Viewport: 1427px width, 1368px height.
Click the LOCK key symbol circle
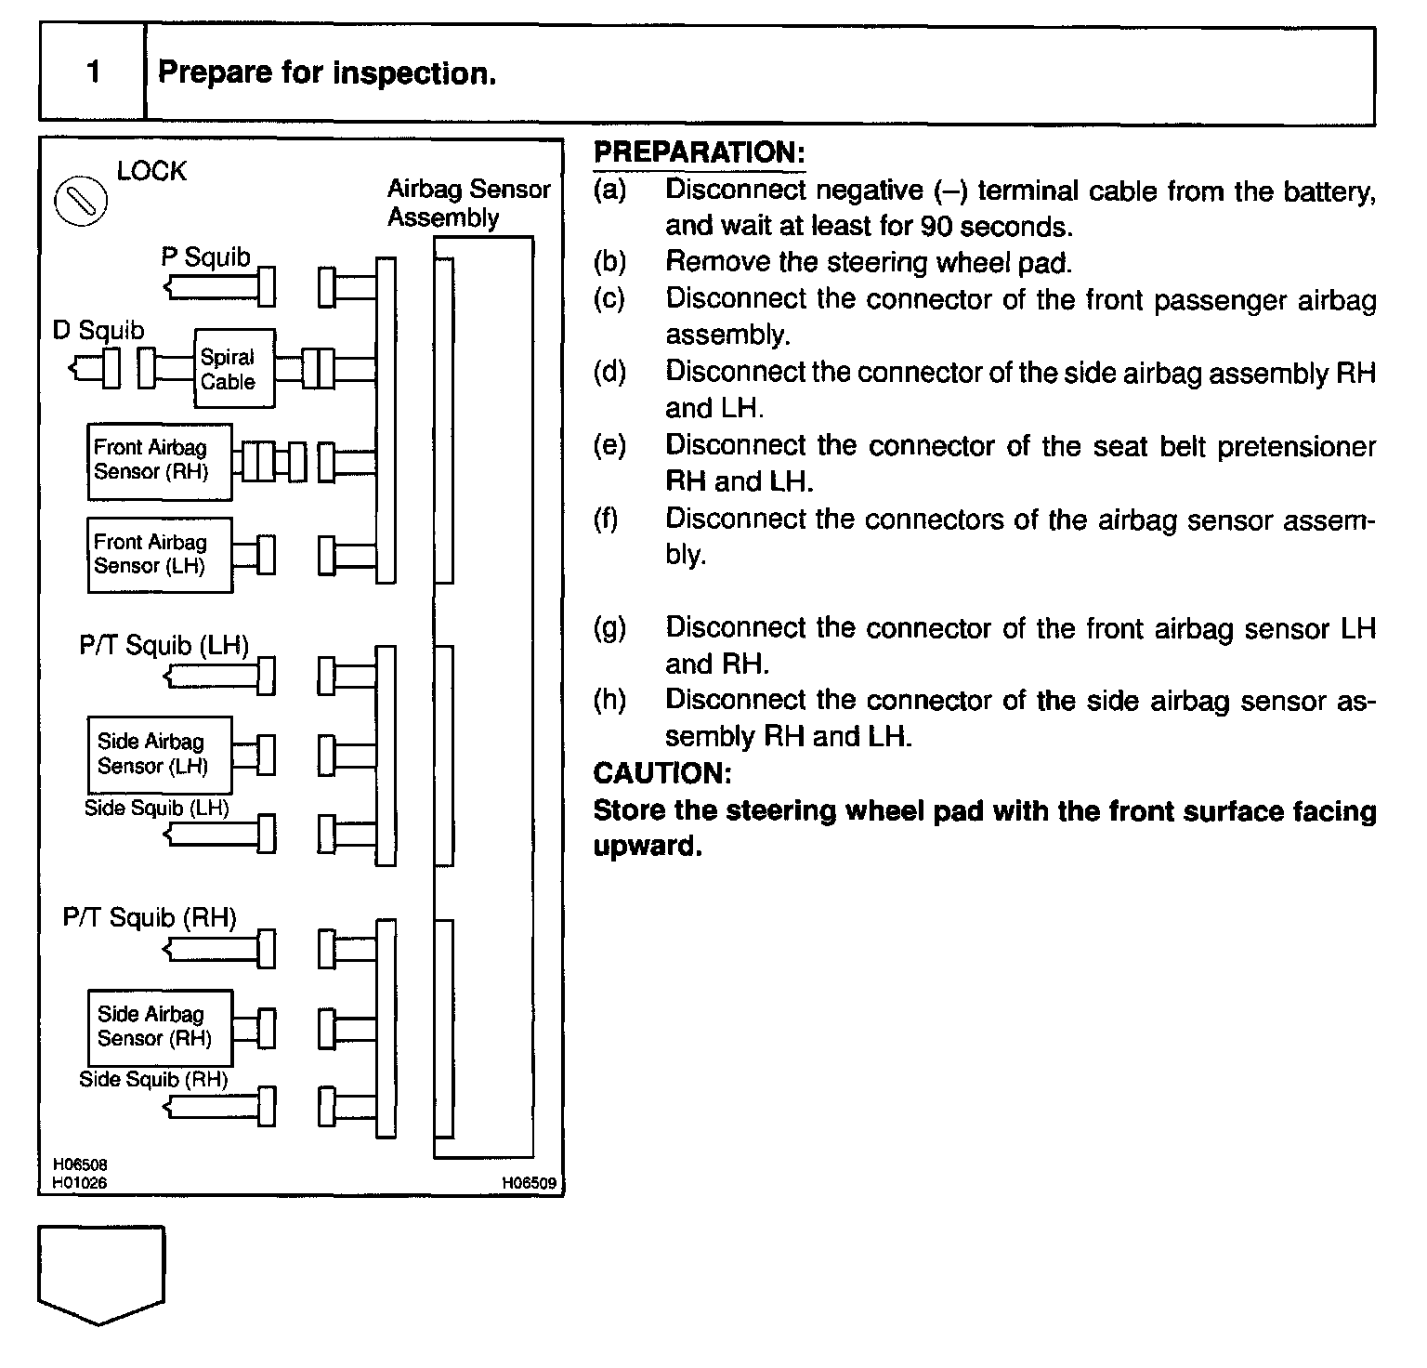(81, 201)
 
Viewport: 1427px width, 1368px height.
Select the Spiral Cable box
(234, 368)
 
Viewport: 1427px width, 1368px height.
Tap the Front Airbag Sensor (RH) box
(159, 461)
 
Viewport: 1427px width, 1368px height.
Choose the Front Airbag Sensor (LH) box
(159, 555)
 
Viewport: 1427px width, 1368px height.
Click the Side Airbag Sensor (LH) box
(159, 754)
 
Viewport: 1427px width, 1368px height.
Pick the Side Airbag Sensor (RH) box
(159, 1027)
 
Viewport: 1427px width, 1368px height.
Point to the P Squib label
(206, 257)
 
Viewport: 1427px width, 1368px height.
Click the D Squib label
(98, 331)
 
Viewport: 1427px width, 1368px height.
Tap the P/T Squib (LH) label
(164, 645)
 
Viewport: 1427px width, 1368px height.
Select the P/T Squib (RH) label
(150, 918)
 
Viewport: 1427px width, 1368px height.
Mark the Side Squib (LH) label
(156, 808)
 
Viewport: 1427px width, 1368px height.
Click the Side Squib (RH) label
(153, 1079)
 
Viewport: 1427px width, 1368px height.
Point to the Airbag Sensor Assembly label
(468, 204)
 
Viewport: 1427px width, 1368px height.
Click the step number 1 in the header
(93, 72)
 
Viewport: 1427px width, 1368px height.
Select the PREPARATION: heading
(699, 152)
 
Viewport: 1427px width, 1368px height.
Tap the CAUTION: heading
(661, 773)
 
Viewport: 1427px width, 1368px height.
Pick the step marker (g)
(609, 628)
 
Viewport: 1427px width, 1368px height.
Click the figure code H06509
(529, 1183)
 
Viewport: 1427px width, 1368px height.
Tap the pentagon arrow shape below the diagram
(101, 1272)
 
